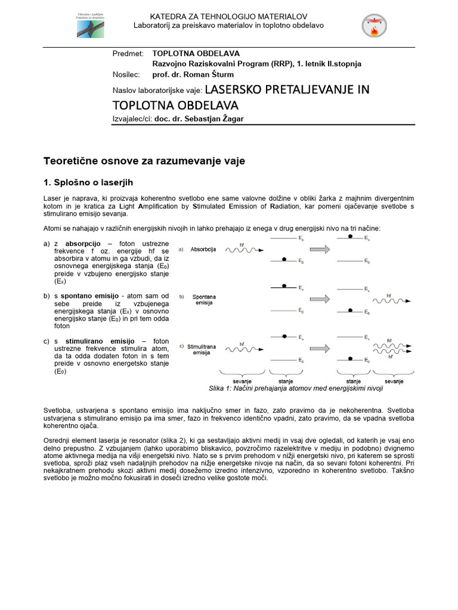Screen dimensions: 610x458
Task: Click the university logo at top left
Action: click(x=89, y=24)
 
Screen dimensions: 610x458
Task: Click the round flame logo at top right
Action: click(x=374, y=25)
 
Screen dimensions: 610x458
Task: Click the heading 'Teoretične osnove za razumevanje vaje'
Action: click(x=144, y=161)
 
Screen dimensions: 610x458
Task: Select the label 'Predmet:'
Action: click(x=128, y=54)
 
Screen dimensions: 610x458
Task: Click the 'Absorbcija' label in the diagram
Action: click(x=203, y=250)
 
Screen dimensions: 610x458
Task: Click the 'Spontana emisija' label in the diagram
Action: click(x=203, y=299)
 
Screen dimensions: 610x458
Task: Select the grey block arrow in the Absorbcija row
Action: click(x=320, y=250)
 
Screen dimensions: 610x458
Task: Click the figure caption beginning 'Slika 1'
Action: click(x=296, y=388)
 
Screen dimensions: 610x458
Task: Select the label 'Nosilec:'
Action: click(x=126, y=74)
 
